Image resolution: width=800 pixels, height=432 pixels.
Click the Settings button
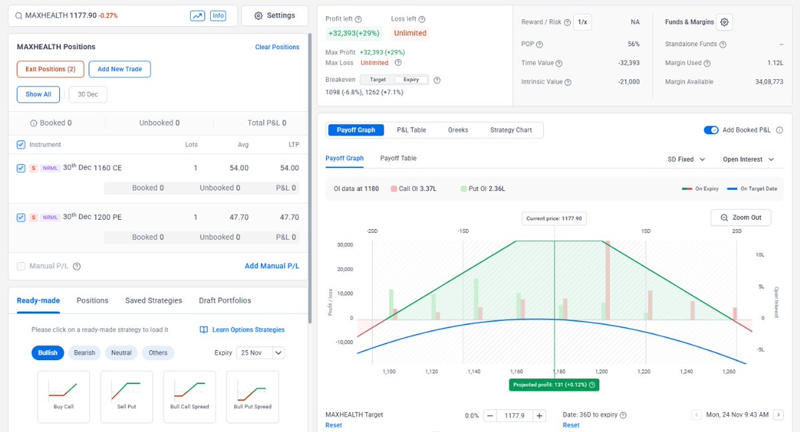coord(275,15)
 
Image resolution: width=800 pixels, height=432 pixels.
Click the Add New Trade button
coord(120,69)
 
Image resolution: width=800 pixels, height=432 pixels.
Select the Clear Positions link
coord(277,47)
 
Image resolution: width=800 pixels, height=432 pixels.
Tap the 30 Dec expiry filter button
coord(87,95)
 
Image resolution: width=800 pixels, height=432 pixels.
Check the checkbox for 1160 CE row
coord(21,168)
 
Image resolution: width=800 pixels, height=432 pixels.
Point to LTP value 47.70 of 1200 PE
coord(289,217)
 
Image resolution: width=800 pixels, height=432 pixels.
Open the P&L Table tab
coord(411,130)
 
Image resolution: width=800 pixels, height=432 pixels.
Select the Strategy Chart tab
coord(511,130)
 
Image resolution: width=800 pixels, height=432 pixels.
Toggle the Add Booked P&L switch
coord(711,130)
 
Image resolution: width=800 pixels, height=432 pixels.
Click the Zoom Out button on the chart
coord(741,218)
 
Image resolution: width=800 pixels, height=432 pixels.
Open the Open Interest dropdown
coord(748,160)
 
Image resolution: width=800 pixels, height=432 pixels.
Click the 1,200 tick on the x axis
coord(601,371)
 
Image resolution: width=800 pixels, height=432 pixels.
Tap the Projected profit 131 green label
coord(553,385)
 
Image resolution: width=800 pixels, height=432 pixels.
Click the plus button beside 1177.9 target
coord(540,415)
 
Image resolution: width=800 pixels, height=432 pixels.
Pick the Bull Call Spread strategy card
coord(189,397)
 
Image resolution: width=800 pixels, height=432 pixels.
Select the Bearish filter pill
coord(85,353)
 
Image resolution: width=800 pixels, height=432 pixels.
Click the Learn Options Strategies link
coord(243,329)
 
